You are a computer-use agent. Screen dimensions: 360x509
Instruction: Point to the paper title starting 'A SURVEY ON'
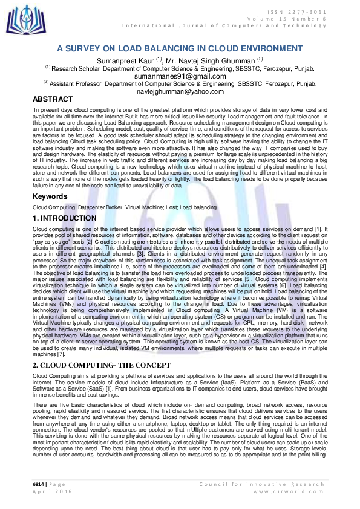click(180, 48)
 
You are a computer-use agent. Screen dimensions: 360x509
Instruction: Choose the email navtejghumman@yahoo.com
click(180, 91)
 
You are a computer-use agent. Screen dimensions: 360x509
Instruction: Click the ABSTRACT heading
click(54, 99)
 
